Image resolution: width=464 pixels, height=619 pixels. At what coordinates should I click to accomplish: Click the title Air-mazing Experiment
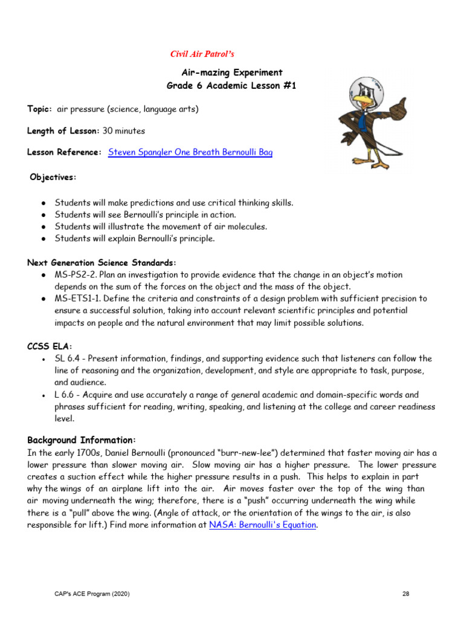click(231, 73)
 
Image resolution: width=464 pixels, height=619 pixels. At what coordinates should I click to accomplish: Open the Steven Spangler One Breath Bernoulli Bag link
click(190, 152)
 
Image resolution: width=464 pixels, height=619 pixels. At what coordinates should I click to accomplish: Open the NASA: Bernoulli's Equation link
click(262, 525)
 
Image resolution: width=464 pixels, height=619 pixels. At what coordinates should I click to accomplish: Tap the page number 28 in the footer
click(405, 594)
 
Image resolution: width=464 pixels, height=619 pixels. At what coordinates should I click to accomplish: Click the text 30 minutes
click(124, 131)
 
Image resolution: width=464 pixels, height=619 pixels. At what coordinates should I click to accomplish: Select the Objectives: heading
click(54, 177)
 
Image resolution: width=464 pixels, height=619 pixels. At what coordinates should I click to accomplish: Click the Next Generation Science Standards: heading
click(101, 262)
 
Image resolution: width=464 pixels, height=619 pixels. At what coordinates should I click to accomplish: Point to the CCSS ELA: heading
click(50, 346)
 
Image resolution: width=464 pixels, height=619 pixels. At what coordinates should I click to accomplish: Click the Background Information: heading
click(82, 439)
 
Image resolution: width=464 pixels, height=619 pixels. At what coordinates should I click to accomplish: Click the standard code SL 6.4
click(66, 358)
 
